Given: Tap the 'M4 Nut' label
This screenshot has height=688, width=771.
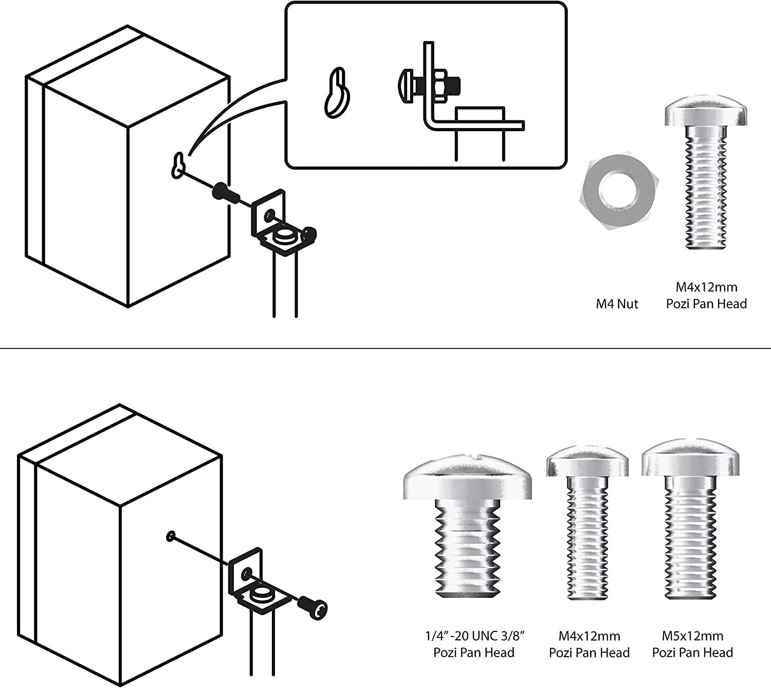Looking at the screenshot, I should point(617,304).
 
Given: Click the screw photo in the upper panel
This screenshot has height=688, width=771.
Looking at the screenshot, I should point(706,172).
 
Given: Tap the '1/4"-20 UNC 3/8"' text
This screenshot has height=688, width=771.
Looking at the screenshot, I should point(473,636).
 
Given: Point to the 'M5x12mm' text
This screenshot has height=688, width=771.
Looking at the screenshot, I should point(692,636).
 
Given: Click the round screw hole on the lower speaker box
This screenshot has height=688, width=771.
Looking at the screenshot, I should point(170,537).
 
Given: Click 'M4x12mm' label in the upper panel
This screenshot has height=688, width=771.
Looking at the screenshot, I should point(706,287).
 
